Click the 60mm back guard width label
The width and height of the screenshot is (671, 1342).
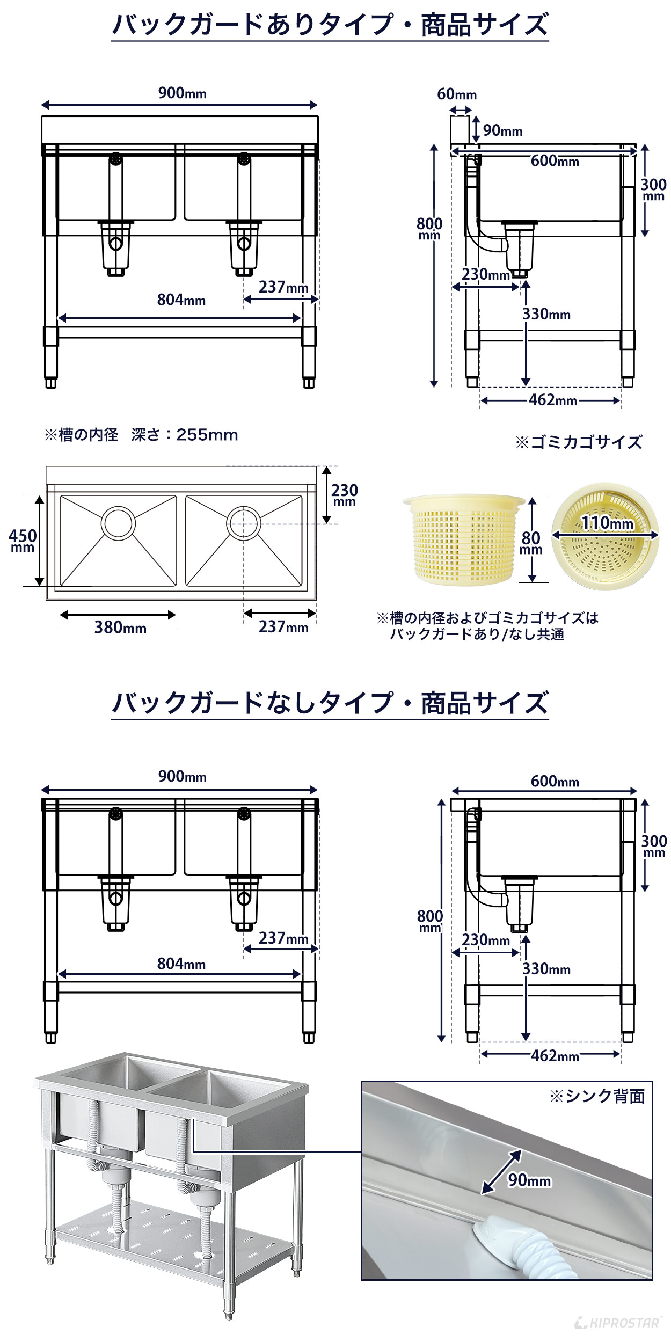point(456,94)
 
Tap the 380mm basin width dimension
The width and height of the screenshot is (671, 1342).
point(120,627)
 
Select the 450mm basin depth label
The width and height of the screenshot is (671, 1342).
point(23,539)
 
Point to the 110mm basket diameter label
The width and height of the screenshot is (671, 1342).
point(608,522)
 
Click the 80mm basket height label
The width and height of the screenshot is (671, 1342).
point(531,542)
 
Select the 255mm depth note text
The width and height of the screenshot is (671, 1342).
point(141,435)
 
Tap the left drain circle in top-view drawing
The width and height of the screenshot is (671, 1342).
point(118,522)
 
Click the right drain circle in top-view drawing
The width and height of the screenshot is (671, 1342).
point(243,522)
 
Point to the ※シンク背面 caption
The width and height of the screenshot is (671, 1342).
point(597,1097)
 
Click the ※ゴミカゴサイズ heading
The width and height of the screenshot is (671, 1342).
point(579,442)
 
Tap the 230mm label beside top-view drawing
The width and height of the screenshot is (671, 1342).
point(344,494)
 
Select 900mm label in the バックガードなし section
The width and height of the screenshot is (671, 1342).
point(182,776)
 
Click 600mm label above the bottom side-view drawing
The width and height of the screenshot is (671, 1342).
point(555,781)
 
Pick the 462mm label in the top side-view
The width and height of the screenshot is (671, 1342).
point(552,400)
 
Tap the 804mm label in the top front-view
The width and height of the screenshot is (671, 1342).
point(181,300)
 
